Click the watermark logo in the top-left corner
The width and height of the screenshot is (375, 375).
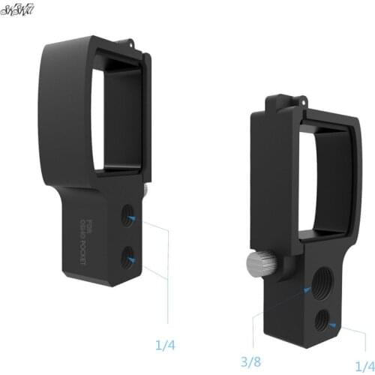(18, 11)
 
